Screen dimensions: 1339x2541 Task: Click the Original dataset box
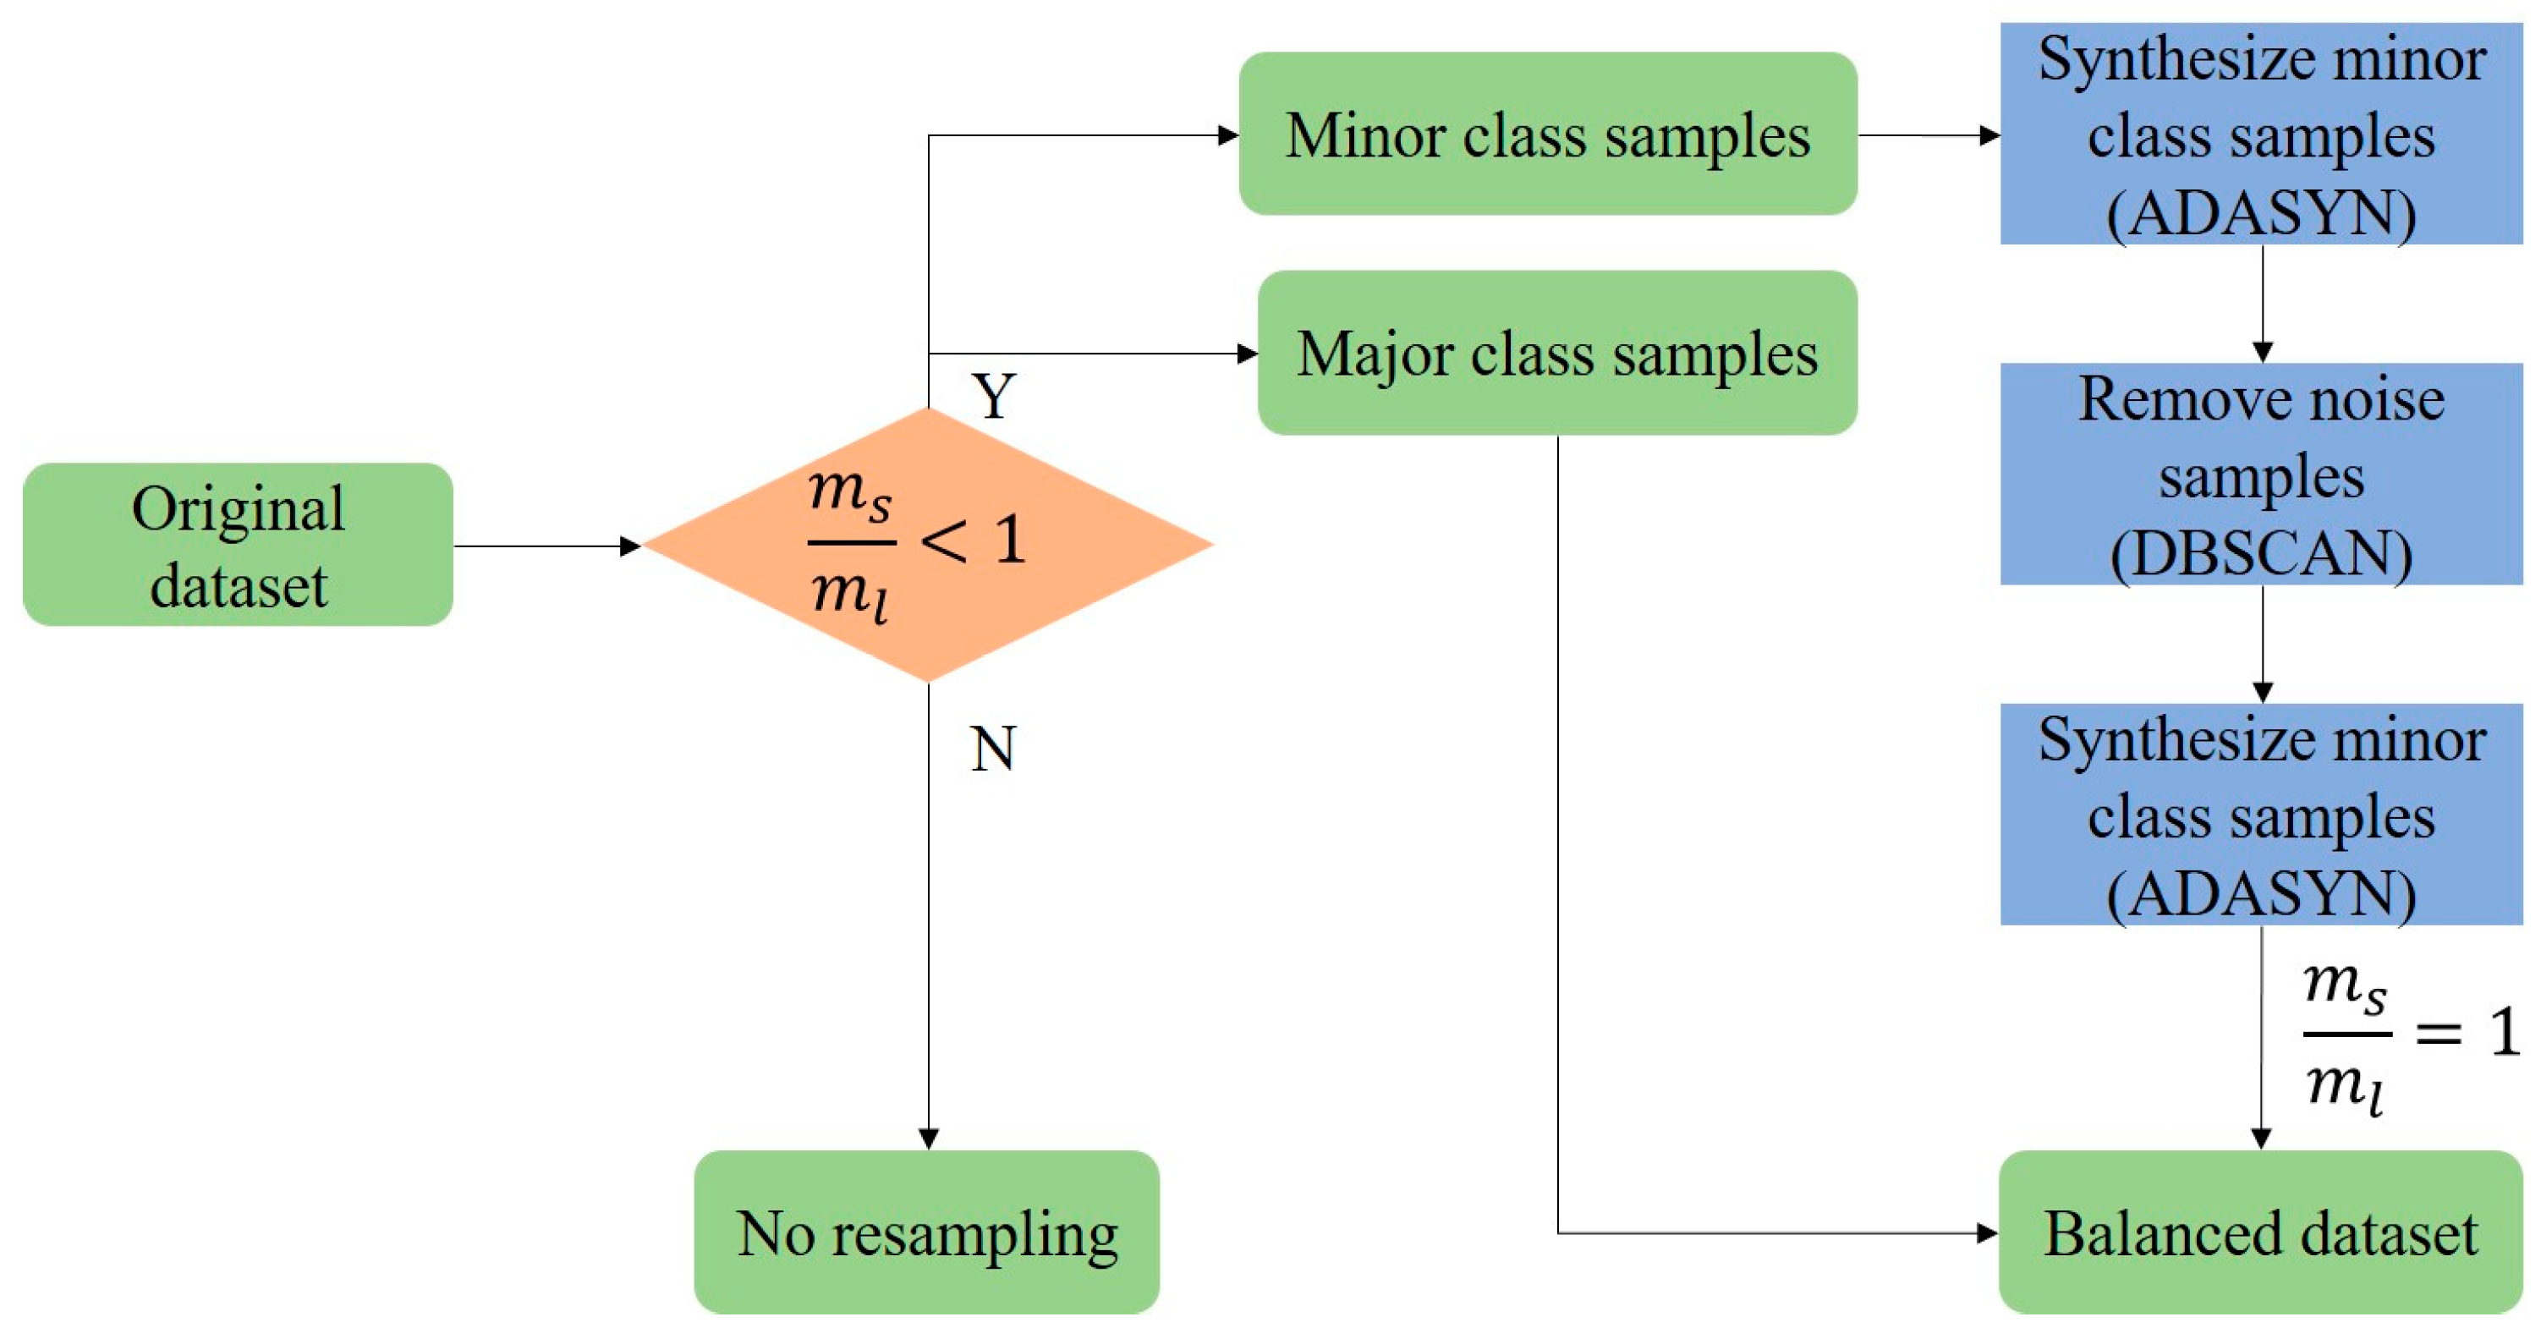[x=238, y=544]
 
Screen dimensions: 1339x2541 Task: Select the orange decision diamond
[x=927, y=544]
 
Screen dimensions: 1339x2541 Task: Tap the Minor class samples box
[x=1547, y=134]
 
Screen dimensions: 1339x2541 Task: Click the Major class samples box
[x=1556, y=354]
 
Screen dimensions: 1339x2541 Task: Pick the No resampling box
[x=926, y=1232]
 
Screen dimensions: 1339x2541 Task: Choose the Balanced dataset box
[x=2260, y=1232]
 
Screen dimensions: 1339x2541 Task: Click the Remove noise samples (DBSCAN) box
[x=2260, y=474]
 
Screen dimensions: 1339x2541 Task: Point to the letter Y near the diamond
[x=993, y=397]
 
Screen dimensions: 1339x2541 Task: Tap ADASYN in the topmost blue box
[x=2261, y=213]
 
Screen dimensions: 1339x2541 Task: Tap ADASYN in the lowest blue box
[x=2261, y=894]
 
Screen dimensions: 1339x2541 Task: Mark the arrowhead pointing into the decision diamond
[x=630, y=546]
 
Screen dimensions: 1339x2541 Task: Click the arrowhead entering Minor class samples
[x=1228, y=135]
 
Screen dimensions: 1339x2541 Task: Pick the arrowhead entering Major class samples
[x=1248, y=354]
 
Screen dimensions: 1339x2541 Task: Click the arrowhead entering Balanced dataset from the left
[x=1988, y=1232]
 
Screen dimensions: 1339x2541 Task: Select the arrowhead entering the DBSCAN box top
[x=2263, y=352]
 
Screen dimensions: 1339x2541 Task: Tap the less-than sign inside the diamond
[x=943, y=541]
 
